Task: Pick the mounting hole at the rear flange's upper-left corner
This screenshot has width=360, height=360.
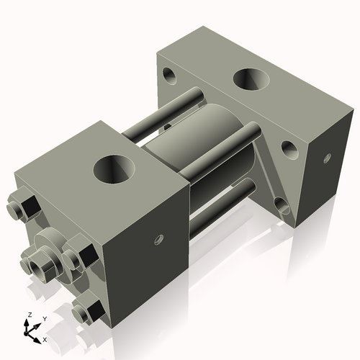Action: [170, 73]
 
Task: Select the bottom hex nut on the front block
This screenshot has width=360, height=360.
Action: [89, 311]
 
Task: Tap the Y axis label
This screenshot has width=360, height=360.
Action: [44, 318]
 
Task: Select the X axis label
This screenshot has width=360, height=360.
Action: [45, 338]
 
